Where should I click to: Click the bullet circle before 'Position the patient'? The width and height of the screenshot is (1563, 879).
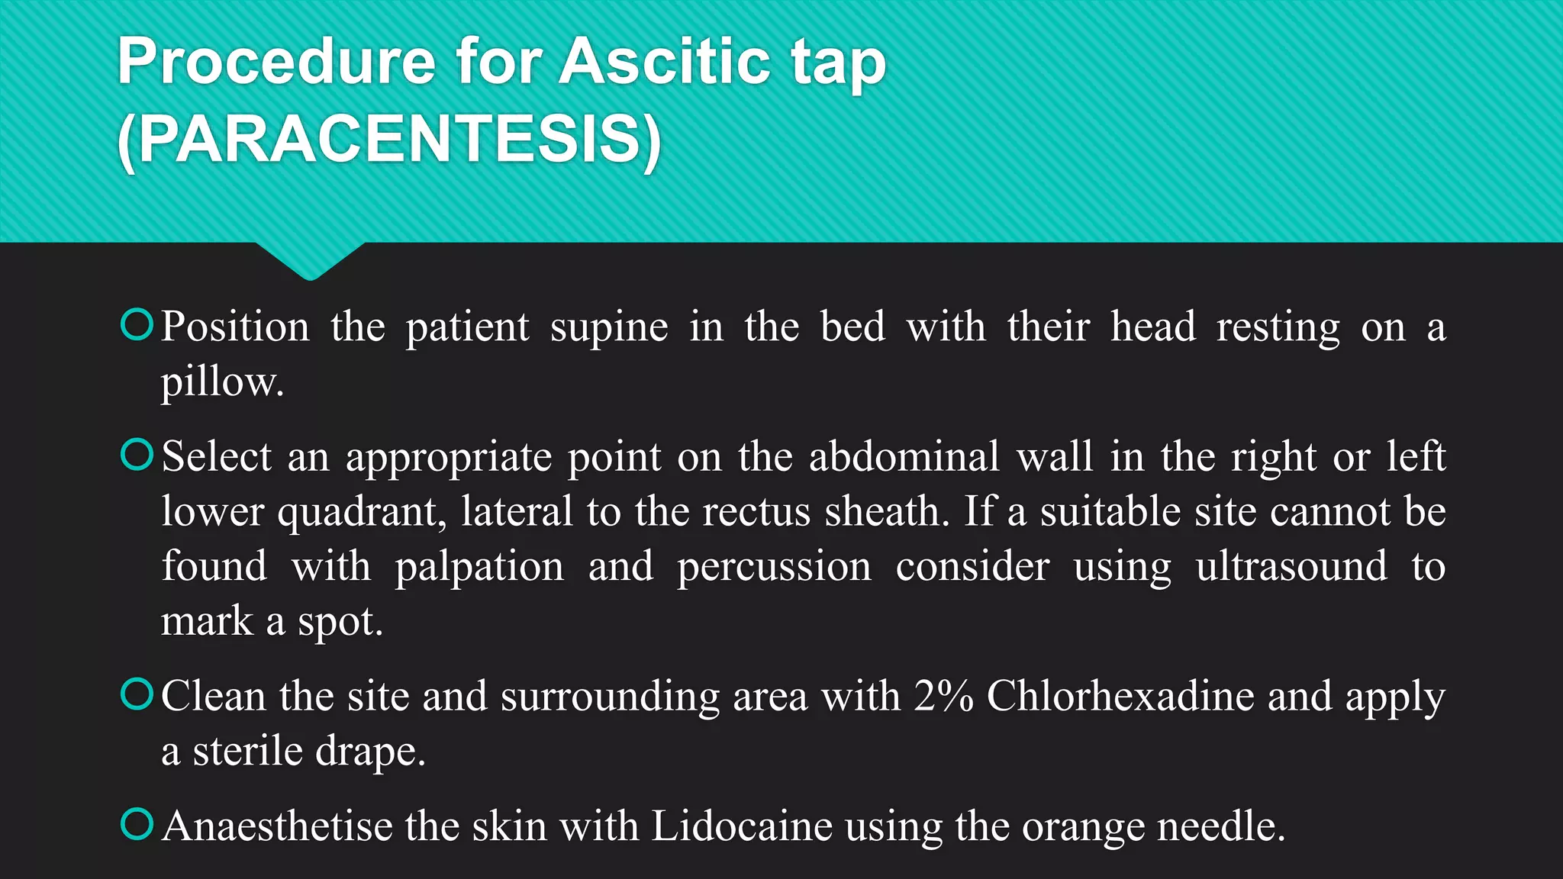(137, 325)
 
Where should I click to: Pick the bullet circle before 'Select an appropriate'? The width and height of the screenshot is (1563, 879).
(137, 455)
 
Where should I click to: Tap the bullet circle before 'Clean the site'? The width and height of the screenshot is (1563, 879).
(137, 694)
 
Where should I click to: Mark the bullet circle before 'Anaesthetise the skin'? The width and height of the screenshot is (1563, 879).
(137, 824)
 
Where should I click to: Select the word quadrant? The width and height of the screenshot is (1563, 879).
(361, 511)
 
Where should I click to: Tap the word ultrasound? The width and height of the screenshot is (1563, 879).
(1291, 566)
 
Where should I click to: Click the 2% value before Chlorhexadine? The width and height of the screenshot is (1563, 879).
(943, 696)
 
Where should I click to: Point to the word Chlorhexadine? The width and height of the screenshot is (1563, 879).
(1120, 696)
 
